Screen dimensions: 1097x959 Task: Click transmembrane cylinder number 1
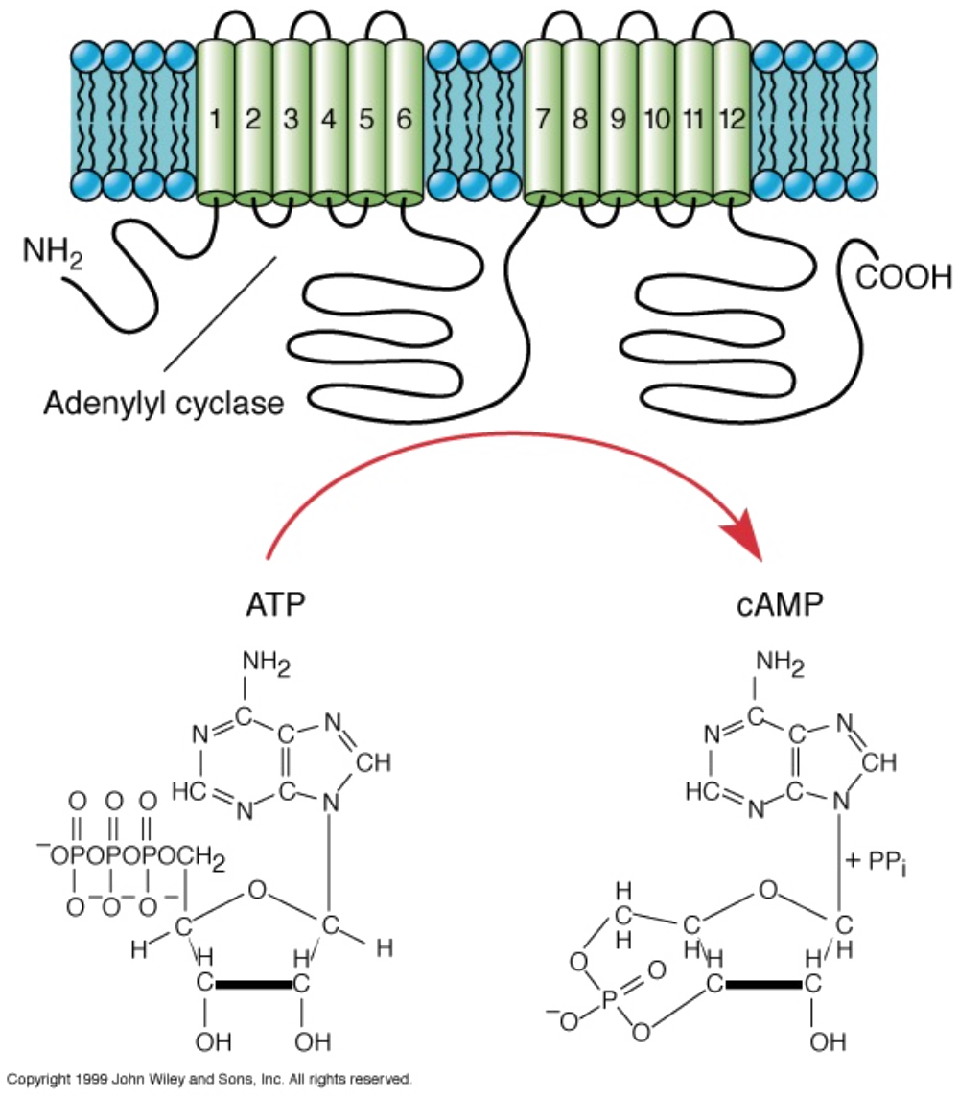tap(216, 120)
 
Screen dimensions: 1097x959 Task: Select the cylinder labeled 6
tap(404, 120)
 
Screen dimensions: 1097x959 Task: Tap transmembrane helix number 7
tap(544, 120)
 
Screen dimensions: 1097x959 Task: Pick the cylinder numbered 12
tap(731, 120)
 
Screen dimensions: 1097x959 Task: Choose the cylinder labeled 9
tap(619, 120)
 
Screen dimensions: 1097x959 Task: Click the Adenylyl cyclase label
tap(164, 403)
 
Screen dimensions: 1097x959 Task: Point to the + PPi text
tap(877, 860)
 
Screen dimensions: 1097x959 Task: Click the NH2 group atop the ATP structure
tap(267, 664)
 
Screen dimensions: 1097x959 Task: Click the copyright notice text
tap(209, 1078)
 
